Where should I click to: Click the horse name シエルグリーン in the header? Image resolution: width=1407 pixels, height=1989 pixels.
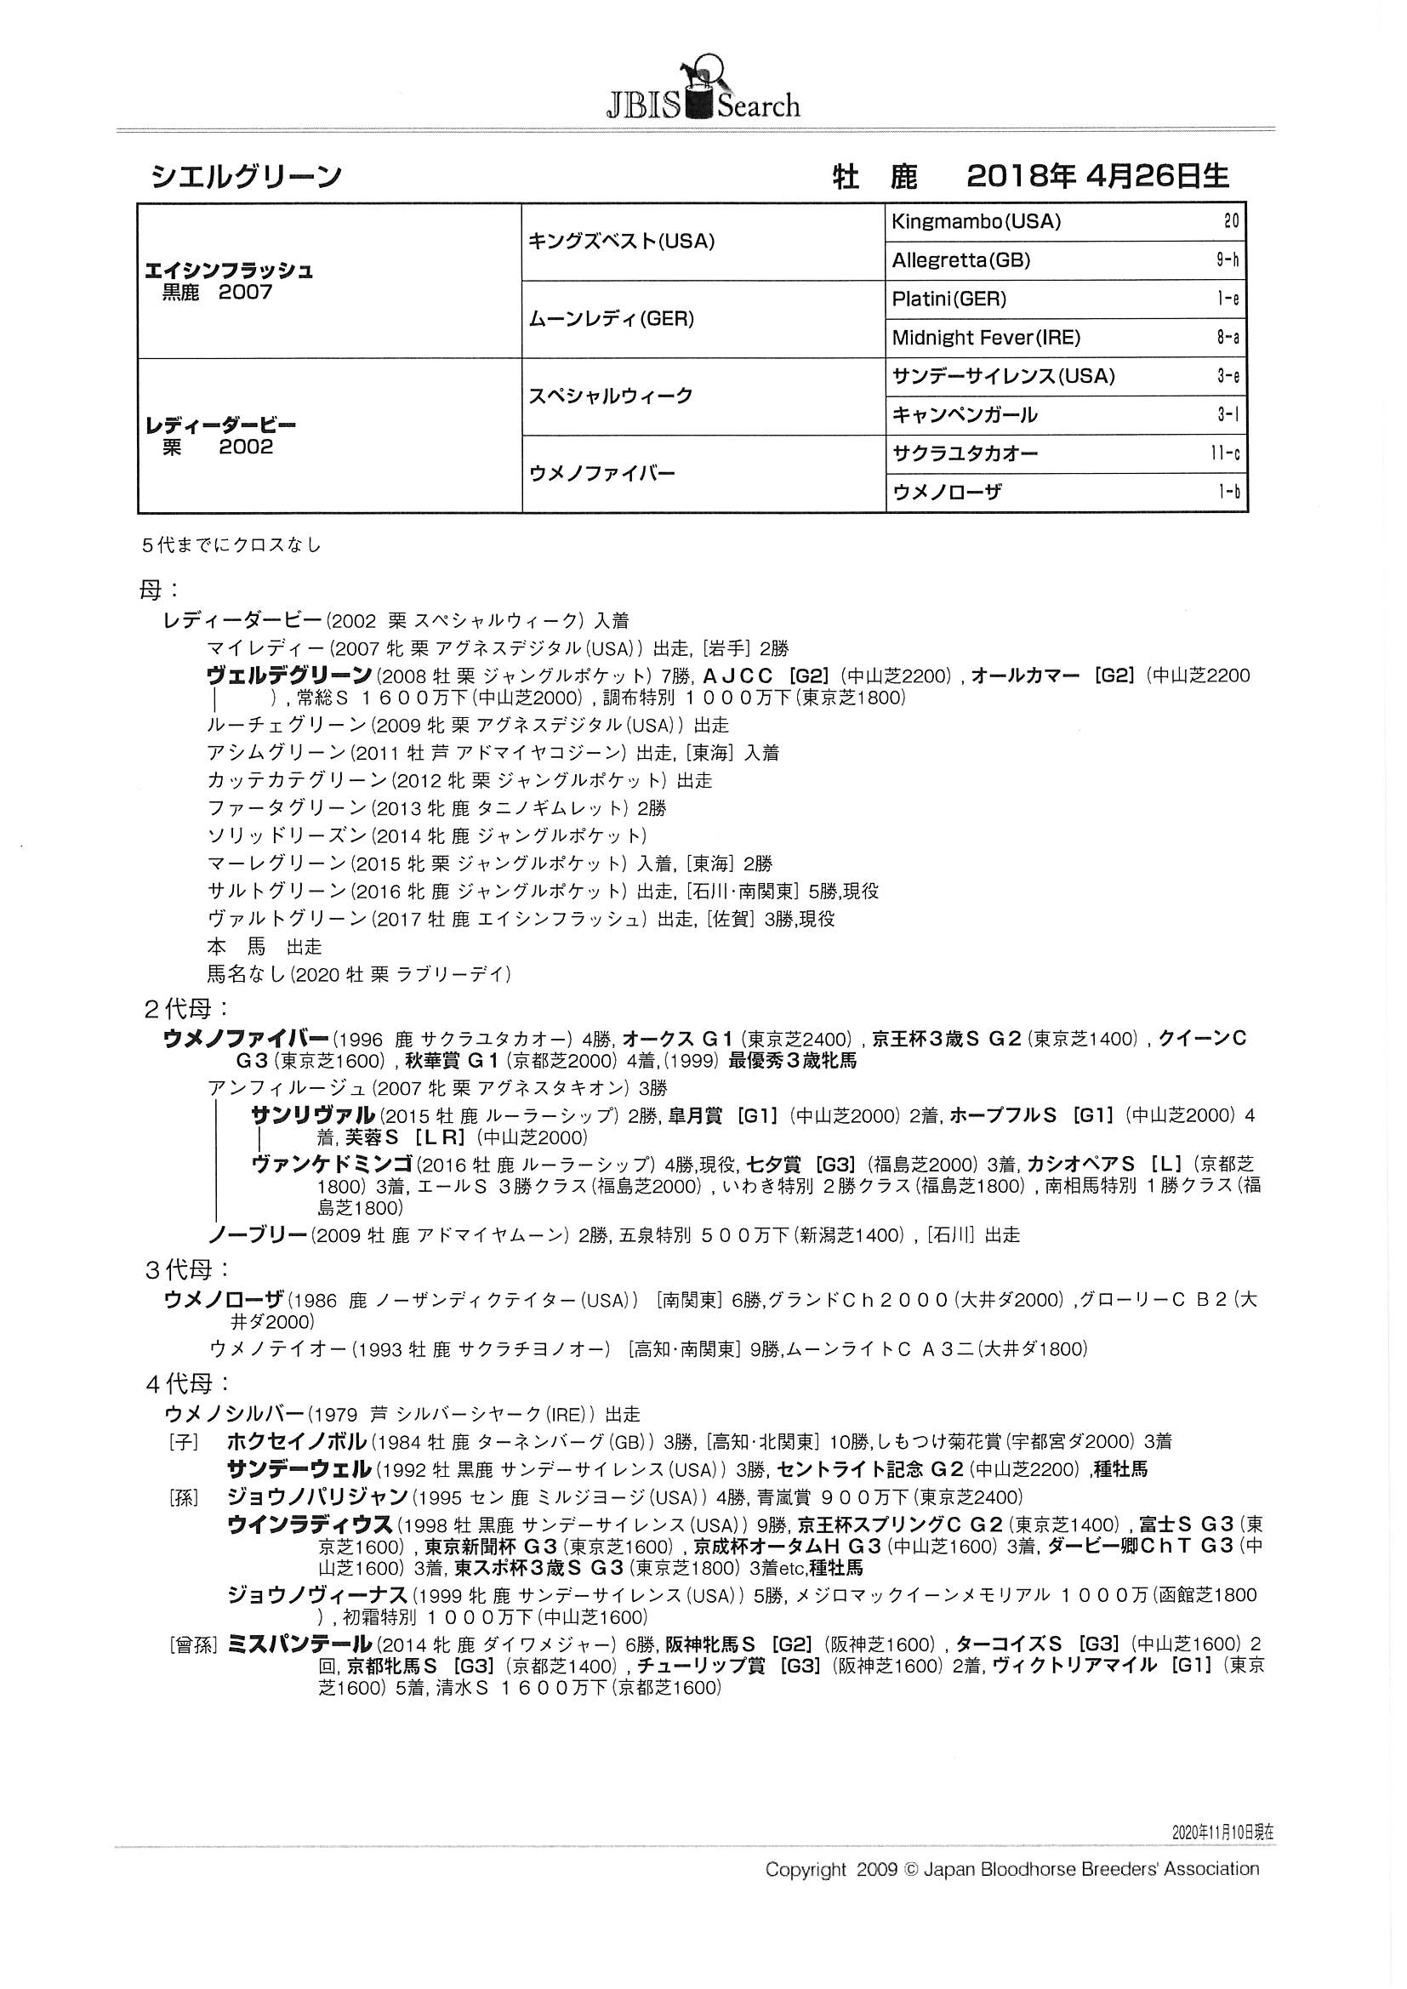[x=246, y=178]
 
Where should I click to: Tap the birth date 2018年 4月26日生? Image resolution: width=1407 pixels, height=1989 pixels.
[x=1097, y=177]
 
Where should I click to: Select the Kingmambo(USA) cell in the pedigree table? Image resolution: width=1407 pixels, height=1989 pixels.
[x=976, y=222]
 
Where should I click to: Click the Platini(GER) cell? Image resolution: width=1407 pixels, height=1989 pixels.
[x=948, y=299]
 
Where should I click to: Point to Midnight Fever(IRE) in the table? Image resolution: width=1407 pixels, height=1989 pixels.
[x=986, y=338]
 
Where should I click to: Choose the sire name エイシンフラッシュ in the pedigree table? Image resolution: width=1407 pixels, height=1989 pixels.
[x=230, y=271]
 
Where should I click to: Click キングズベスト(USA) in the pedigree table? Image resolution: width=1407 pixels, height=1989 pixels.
[x=621, y=242]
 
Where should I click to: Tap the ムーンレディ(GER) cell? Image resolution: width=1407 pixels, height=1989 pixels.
[x=612, y=319]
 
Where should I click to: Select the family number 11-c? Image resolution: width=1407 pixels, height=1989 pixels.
[x=1226, y=454]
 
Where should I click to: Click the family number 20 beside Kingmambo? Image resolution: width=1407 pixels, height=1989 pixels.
[x=1231, y=222]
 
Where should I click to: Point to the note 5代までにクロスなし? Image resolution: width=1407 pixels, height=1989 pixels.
[x=232, y=546]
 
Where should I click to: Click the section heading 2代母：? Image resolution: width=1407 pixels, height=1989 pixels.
[x=186, y=1008]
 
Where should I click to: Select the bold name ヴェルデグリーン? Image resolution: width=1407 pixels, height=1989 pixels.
[x=289, y=675]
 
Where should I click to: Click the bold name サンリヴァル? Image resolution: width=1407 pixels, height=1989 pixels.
[x=313, y=1116]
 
